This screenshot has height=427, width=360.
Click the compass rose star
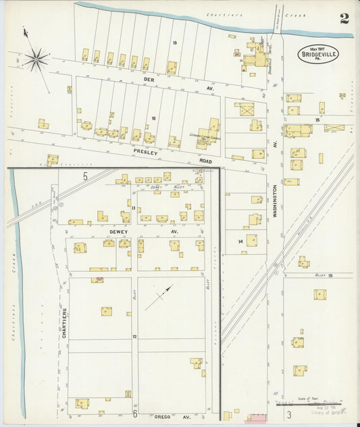(36, 57)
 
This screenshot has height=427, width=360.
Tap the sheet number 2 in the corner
(344, 18)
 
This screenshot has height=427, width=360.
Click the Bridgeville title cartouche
(318, 53)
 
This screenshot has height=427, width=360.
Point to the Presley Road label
(150, 152)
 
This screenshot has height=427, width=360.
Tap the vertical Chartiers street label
(65, 323)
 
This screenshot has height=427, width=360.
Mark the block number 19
(174, 43)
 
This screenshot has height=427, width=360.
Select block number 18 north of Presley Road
(153, 118)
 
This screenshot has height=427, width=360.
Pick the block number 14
(240, 241)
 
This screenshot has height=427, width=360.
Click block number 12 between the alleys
(134, 336)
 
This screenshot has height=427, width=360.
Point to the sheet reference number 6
(134, 413)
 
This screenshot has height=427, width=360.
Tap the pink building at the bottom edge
(256, 418)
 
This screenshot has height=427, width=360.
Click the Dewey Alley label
(159, 187)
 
